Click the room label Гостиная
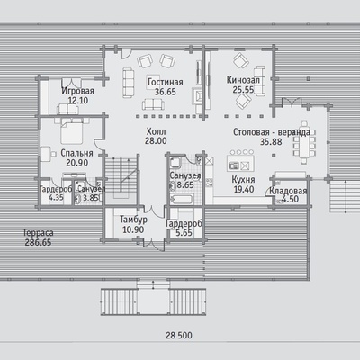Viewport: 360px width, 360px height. [166, 82]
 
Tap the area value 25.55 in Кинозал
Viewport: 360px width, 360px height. [243, 90]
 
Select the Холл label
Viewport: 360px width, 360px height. [156, 131]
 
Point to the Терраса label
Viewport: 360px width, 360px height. [38, 233]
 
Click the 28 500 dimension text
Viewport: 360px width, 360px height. [179, 335]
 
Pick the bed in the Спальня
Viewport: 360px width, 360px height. [71, 131]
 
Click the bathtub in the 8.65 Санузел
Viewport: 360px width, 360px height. [182, 199]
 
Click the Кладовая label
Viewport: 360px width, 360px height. [288, 191]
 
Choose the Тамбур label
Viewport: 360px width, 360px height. [133, 220]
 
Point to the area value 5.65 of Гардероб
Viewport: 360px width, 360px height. [184, 233]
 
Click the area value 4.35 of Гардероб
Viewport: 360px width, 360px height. [56, 198]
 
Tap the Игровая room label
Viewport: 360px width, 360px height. [77, 91]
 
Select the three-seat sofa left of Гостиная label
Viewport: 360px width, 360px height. [129, 83]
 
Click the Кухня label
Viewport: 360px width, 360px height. [243, 180]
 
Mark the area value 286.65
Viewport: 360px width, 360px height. [38, 242]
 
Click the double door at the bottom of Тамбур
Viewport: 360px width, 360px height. [154, 244]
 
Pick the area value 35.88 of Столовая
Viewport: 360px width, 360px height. [271, 141]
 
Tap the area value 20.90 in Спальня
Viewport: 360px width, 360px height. [77, 163]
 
